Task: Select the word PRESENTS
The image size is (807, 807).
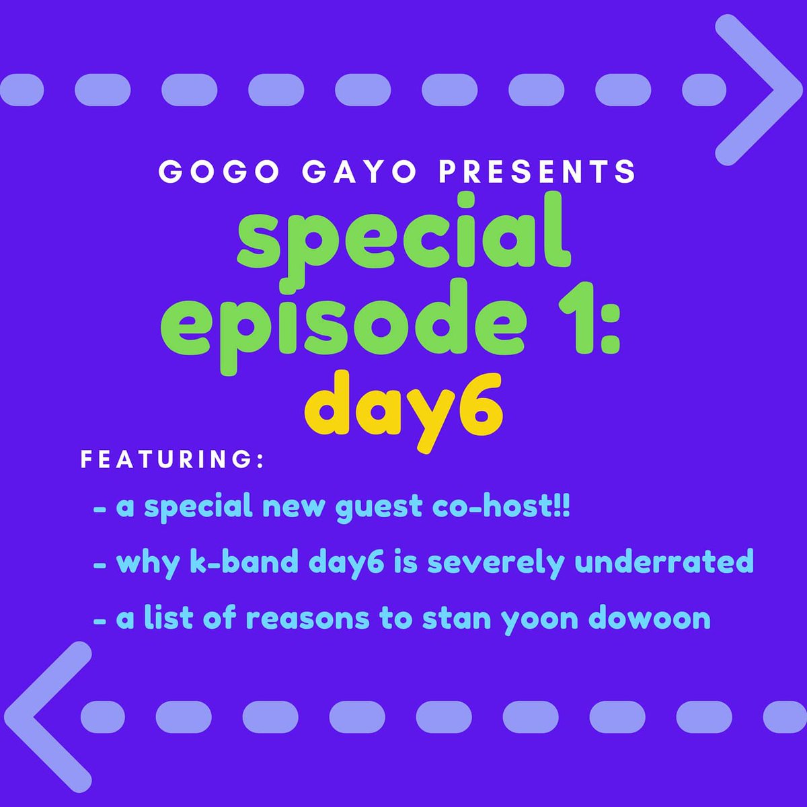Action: coord(537,172)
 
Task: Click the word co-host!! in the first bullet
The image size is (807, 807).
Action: coord(501,506)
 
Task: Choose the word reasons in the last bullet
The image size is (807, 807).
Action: coord(307,618)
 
